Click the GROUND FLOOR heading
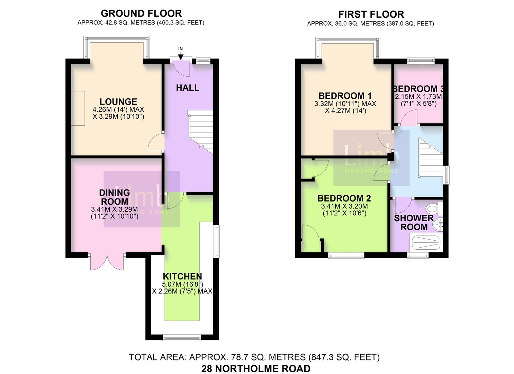point(141,14)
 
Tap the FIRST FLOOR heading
point(371,15)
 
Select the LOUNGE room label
point(118,102)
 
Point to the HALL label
point(188,88)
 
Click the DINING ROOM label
point(115,197)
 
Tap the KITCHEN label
point(182,276)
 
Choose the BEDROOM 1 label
point(345,96)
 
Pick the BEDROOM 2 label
point(344,198)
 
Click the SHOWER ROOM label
point(414,222)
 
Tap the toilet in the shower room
point(434,209)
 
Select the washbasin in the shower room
point(438,225)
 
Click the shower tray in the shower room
point(426,243)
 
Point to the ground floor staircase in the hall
point(201,132)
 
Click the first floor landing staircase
point(431,158)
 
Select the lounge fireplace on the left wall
point(78,108)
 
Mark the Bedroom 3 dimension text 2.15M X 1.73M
point(418,96)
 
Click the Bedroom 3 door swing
point(409,117)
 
